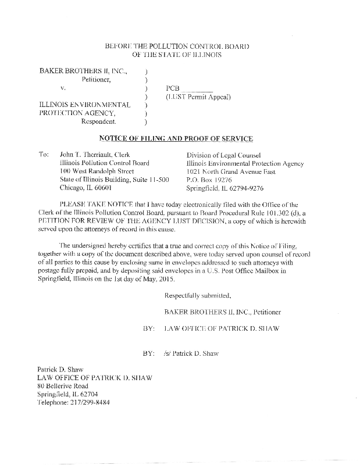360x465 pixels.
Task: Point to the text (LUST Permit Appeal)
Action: coord(198,96)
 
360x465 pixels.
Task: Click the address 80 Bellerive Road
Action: coord(63,385)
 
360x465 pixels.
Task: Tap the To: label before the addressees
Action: coord(44,155)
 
